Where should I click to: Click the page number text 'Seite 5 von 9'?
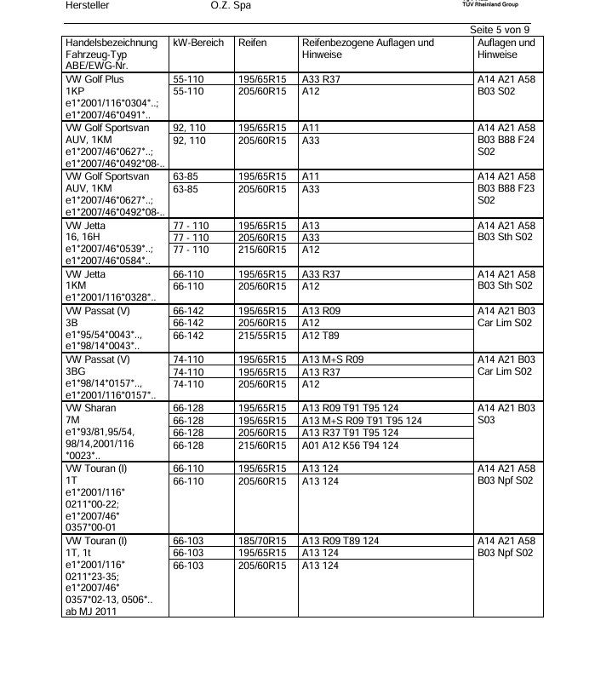(x=500, y=30)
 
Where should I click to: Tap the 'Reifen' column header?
(x=253, y=43)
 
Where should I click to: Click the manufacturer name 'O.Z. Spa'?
(x=231, y=6)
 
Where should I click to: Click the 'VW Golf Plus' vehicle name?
(x=94, y=78)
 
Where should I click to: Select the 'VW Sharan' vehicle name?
(x=89, y=408)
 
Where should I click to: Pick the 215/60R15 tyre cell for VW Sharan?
(x=261, y=445)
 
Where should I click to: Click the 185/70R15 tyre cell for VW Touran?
(x=261, y=541)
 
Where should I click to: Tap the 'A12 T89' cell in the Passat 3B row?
(x=321, y=336)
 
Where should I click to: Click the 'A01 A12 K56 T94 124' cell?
(x=350, y=445)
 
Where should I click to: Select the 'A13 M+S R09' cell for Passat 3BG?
(x=333, y=360)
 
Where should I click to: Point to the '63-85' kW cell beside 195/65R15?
(x=186, y=176)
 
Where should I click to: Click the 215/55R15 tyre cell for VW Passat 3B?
(x=261, y=336)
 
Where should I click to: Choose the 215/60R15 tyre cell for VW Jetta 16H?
(x=261, y=250)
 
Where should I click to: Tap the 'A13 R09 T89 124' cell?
(x=340, y=541)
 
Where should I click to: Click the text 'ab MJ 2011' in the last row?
(x=91, y=611)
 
